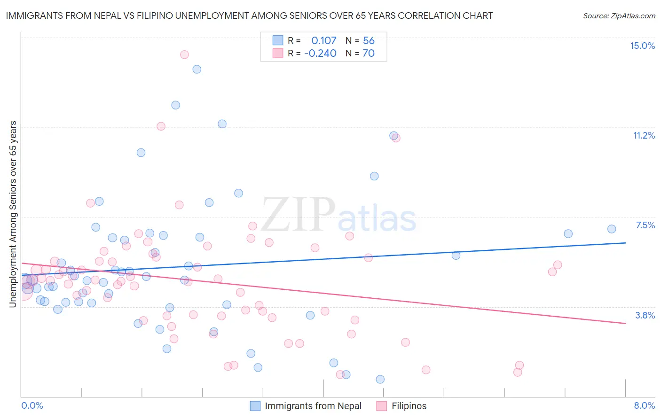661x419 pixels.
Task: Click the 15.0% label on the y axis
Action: coord(642,46)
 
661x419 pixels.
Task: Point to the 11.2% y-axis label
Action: coord(644,135)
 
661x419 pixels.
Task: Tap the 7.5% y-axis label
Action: coord(645,225)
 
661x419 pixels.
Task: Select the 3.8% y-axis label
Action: coord(645,315)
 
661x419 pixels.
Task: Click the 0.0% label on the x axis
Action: coord(32,405)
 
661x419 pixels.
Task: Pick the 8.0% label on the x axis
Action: coord(644,405)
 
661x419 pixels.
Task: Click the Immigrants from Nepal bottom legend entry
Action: coord(313,406)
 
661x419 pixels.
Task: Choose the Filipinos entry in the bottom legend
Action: coord(409,406)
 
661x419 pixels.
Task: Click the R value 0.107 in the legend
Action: coord(324,41)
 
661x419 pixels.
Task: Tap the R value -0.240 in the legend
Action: coord(320,54)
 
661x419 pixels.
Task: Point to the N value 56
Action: coord(369,41)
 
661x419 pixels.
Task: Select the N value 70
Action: coord(369,54)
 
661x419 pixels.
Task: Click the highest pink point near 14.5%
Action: coord(184,54)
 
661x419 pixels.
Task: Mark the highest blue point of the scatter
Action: coord(197,69)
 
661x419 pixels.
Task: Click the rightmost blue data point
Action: coord(612,229)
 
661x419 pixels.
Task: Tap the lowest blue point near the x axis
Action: coord(380,379)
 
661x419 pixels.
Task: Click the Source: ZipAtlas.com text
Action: coord(619,16)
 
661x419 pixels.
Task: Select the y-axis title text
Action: coord(13,214)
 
